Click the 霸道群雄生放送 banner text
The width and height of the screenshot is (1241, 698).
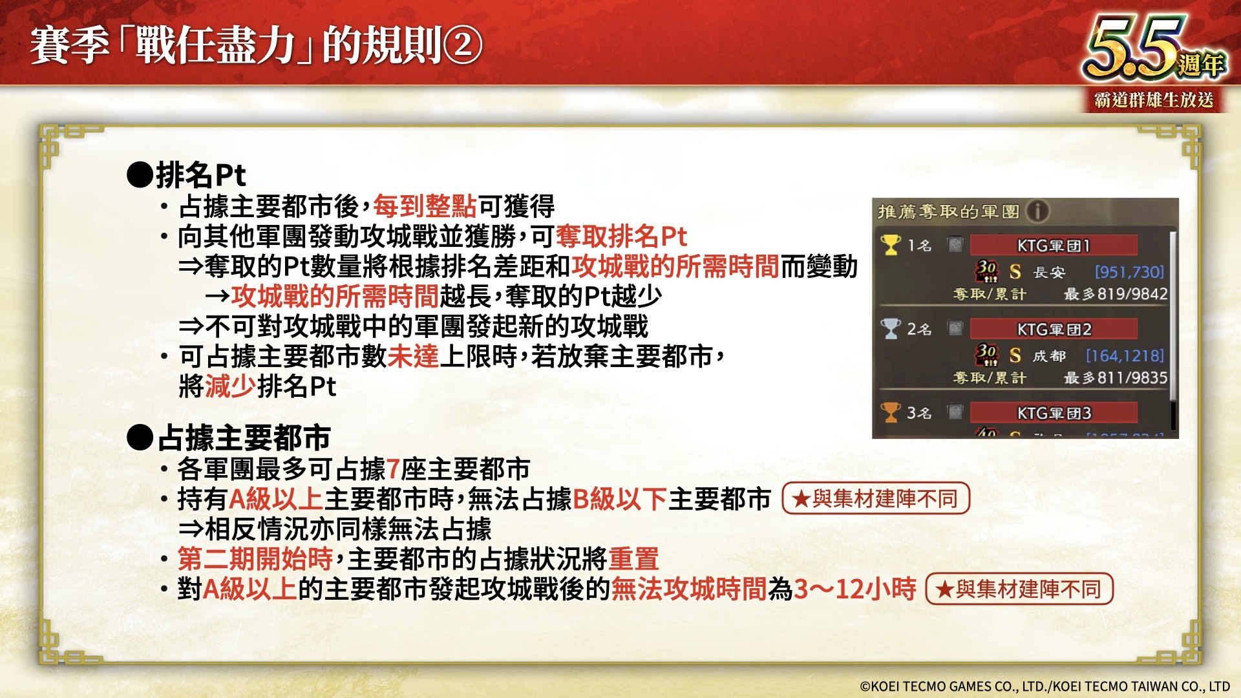[1154, 100]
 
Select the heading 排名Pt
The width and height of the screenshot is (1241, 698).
[200, 174]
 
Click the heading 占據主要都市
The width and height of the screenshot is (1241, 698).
[244, 438]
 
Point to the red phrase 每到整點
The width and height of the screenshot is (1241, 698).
[425, 206]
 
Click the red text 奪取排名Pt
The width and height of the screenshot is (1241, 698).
[621, 237]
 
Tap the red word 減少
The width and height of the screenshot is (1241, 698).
[231, 386]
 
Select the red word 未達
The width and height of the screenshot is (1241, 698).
[413, 356]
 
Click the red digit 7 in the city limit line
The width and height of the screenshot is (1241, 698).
[393, 469]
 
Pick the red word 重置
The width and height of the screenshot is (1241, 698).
[633, 559]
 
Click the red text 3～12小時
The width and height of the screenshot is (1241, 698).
[854, 589]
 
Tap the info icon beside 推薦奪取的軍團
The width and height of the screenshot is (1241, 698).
[1037, 211]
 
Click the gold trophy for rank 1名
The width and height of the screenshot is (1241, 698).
[890, 245]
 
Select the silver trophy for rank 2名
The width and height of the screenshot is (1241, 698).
[890, 328]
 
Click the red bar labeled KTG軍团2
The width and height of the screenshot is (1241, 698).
[1054, 329]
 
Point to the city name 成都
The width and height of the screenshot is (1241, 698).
[1049, 355]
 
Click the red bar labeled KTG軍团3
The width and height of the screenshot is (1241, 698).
[1054, 412]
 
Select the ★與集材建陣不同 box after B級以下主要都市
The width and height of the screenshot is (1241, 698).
[876, 498]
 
